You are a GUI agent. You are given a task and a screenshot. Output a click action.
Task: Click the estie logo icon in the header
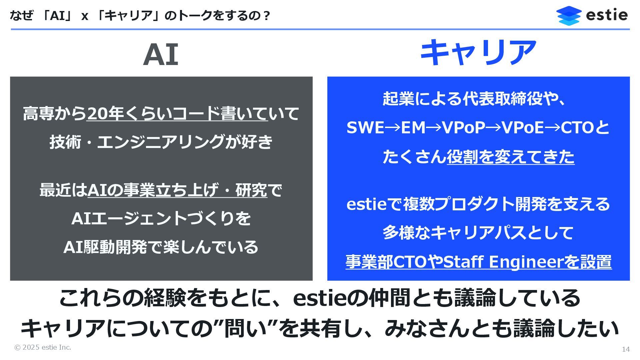(x=568, y=15)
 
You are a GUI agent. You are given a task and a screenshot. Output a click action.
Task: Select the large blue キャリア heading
(x=478, y=53)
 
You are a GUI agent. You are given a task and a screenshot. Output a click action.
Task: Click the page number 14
(x=626, y=349)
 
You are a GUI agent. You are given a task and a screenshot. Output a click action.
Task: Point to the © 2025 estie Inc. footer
(x=43, y=347)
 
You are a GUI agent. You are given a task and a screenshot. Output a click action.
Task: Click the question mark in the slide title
(x=266, y=16)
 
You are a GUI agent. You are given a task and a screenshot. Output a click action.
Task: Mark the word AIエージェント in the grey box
(x=129, y=219)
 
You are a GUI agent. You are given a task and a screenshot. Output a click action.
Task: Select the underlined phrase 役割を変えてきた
(x=510, y=157)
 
